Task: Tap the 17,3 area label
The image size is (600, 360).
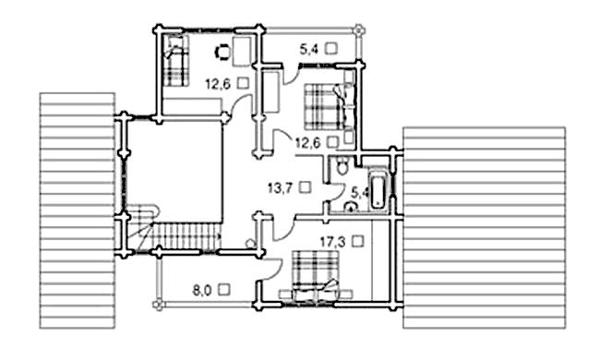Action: (x=333, y=242)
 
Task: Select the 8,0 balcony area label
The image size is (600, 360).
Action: (x=201, y=291)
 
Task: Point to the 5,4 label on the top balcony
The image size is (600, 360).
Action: (x=308, y=49)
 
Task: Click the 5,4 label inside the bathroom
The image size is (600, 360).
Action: (x=359, y=192)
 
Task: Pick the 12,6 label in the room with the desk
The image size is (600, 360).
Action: (x=218, y=83)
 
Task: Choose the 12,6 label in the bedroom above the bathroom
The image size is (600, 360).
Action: (x=308, y=143)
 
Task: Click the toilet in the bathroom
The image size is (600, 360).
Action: (x=342, y=165)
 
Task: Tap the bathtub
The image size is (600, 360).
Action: (x=378, y=190)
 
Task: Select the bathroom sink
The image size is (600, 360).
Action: (x=351, y=207)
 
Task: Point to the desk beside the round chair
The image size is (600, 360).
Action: (x=242, y=51)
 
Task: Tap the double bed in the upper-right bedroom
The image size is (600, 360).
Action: (x=329, y=106)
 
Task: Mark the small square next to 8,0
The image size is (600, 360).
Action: (x=224, y=290)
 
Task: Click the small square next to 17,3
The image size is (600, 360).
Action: (x=358, y=241)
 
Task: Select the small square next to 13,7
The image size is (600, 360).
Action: (x=306, y=187)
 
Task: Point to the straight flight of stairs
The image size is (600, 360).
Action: (x=187, y=236)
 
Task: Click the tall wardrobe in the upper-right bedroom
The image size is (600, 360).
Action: (x=270, y=91)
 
